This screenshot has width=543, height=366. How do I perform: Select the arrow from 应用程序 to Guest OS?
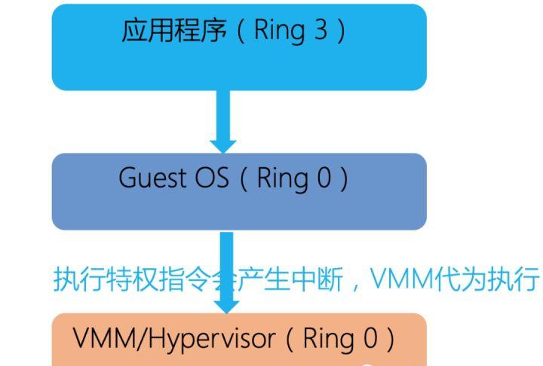223,120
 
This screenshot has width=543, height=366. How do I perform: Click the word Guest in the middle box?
150,179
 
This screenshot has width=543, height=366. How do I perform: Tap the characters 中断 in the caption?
314,279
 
